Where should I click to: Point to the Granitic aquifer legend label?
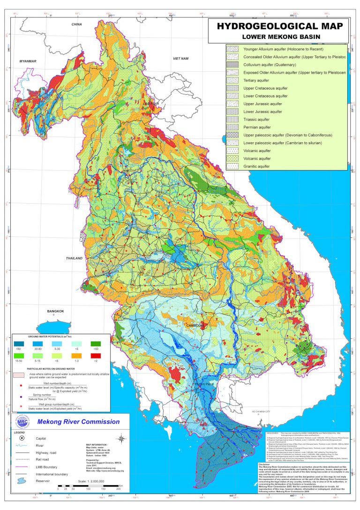click(257, 166)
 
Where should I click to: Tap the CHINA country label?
click(76, 24)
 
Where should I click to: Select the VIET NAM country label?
click(180, 58)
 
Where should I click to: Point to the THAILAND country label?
click(74, 259)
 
